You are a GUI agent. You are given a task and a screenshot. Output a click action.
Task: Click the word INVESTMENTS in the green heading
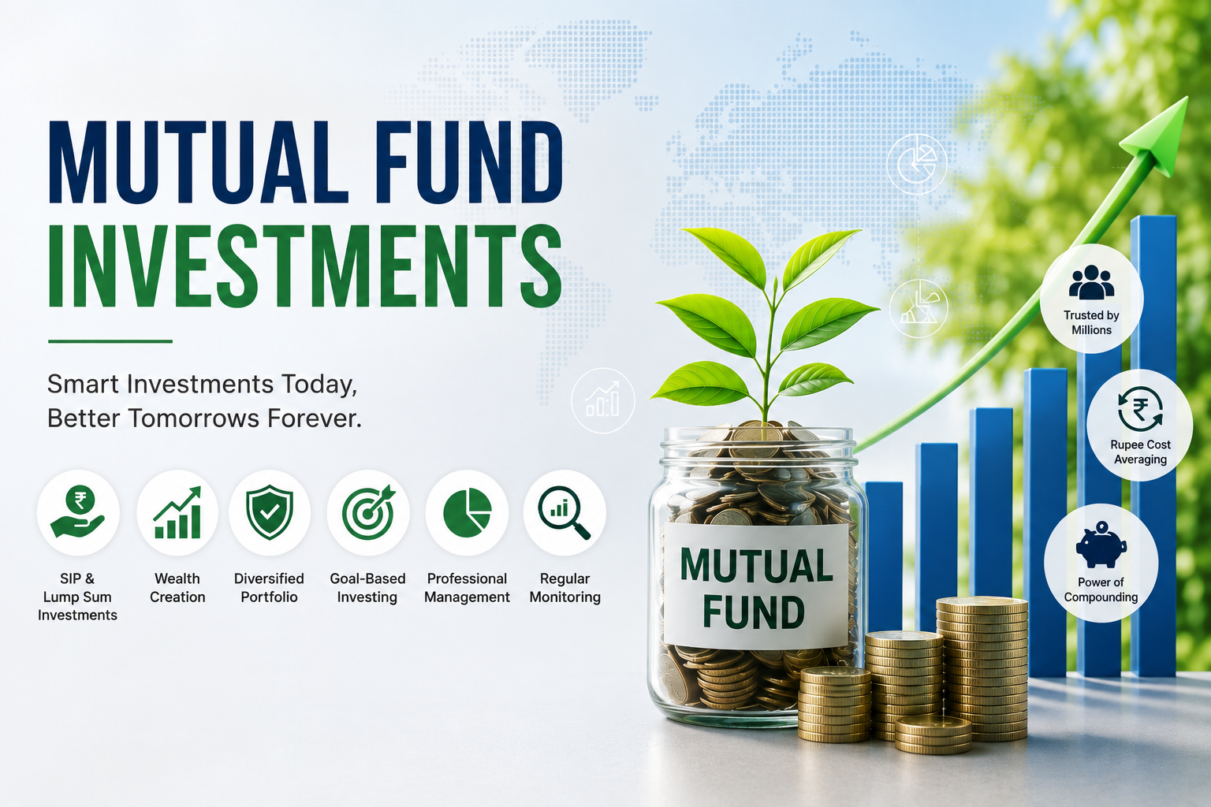(x=305, y=266)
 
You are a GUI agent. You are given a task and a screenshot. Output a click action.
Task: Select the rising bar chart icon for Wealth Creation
(x=177, y=512)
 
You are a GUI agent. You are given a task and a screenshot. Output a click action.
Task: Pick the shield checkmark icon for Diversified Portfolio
(x=269, y=512)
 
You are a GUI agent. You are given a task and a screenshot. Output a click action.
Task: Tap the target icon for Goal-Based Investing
(x=368, y=512)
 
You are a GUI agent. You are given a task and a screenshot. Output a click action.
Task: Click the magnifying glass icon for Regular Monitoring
(x=564, y=512)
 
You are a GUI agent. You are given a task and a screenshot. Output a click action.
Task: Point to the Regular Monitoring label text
(x=565, y=588)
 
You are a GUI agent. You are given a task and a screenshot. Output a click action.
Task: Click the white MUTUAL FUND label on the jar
(x=756, y=586)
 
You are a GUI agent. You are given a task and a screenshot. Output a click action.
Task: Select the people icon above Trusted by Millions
(x=1091, y=282)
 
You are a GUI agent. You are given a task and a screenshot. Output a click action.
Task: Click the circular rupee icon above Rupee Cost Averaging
(x=1140, y=409)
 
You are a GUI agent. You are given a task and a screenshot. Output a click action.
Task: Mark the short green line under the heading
(x=110, y=341)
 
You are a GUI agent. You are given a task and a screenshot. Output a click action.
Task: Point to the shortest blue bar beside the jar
(x=884, y=556)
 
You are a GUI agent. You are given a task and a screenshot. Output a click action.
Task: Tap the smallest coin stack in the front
(x=933, y=734)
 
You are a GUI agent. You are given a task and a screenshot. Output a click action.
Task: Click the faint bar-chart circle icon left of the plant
(x=603, y=400)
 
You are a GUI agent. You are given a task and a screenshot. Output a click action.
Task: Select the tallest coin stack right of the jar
(x=982, y=668)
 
